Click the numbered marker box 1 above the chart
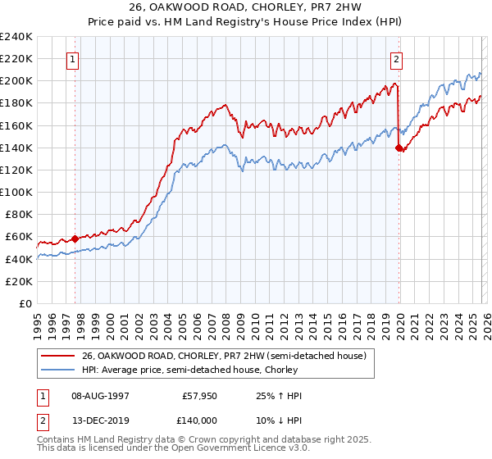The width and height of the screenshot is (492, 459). point(73,59)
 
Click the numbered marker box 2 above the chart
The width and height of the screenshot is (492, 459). point(396,59)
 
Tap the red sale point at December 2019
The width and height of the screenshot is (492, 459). point(399,148)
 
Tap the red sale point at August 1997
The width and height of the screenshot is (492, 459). point(75,239)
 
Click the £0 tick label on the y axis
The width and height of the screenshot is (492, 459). point(25,303)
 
